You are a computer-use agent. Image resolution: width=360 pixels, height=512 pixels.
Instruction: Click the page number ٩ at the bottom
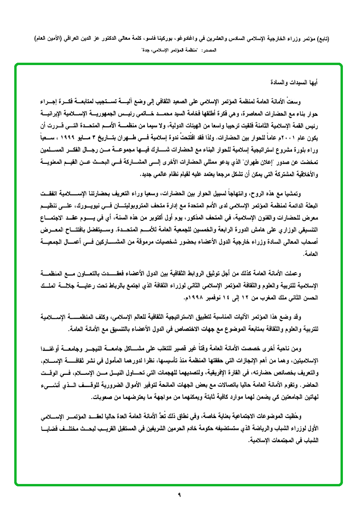[180, 495]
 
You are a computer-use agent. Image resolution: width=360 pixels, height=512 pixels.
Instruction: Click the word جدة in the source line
[145, 49]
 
